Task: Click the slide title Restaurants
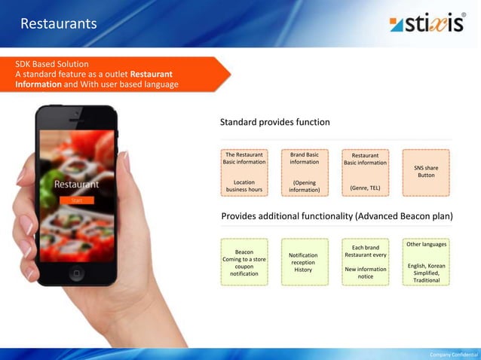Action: [x=59, y=24]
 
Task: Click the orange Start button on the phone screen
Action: [x=76, y=200]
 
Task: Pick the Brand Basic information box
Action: [x=304, y=172]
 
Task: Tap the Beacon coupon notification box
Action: [x=244, y=263]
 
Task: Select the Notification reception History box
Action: [x=303, y=263]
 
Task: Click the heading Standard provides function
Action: [x=274, y=122]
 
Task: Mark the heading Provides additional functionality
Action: [x=336, y=216]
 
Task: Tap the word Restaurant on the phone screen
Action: [x=76, y=184]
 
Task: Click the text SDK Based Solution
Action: [x=52, y=63]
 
